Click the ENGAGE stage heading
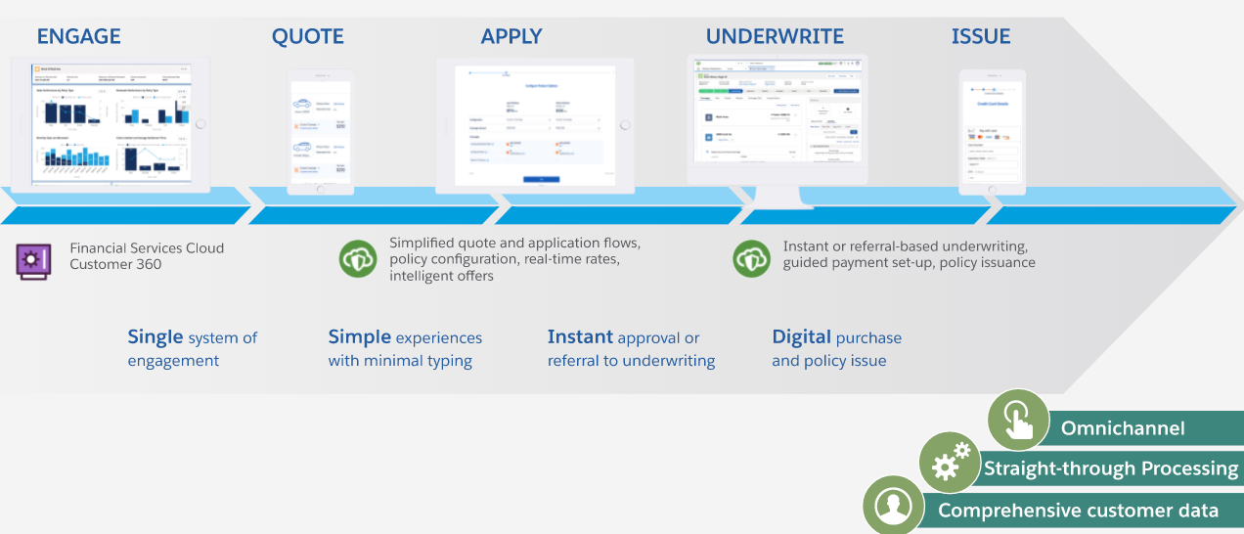[79, 37]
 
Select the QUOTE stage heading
[308, 37]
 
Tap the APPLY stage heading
[511, 37]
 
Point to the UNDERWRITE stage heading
[775, 37]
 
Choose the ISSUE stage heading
[981, 37]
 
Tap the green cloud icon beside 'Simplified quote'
[358, 259]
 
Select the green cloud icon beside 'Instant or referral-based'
[752, 258]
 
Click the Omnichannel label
[1123, 428]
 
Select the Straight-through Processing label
[1111, 468]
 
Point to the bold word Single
[155, 337]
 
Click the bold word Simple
[359, 337]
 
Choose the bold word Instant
[581, 337]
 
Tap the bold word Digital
[801, 337]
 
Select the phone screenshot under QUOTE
[321, 131]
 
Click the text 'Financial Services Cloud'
[147, 248]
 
